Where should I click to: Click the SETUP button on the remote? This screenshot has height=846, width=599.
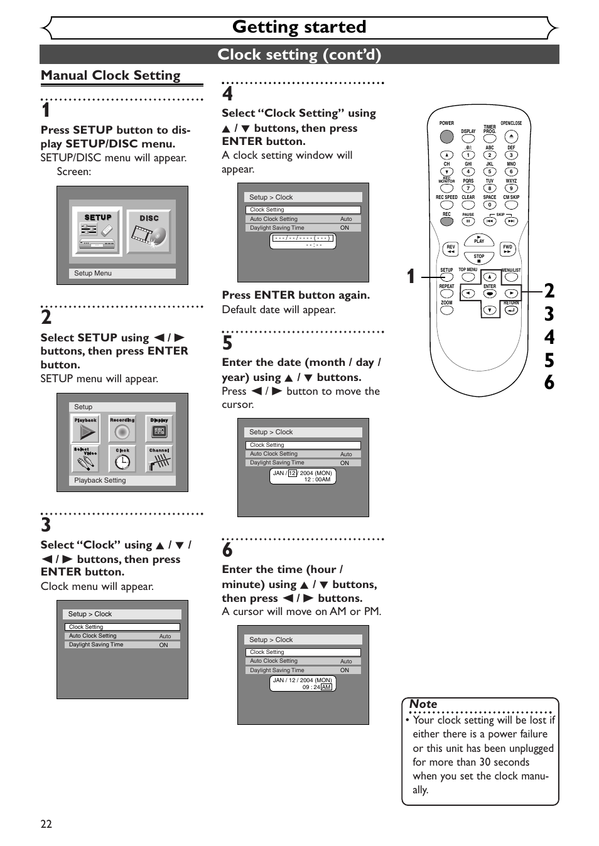click(446, 277)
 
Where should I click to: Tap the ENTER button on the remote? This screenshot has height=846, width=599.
click(490, 293)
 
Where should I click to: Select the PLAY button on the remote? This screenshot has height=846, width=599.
click(479, 240)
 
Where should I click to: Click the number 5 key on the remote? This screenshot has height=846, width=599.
click(490, 171)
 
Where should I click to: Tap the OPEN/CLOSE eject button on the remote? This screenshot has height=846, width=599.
click(511, 136)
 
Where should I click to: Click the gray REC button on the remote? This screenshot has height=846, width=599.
click(446, 221)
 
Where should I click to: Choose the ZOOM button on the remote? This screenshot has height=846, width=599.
click(446, 309)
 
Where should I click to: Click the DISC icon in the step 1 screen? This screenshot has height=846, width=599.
click(149, 233)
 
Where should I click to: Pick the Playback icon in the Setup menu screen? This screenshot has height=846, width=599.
click(86, 430)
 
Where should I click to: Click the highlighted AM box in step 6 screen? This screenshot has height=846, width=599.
click(326, 687)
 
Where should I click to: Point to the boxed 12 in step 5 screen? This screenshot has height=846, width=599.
click(293, 473)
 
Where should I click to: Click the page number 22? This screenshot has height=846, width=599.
click(46, 824)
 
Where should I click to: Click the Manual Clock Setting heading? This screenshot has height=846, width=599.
click(111, 75)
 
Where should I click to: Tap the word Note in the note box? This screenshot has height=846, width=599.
click(423, 704)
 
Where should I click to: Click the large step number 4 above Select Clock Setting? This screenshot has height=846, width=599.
click(227, 94)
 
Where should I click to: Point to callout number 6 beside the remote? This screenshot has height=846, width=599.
click(549, 382)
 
